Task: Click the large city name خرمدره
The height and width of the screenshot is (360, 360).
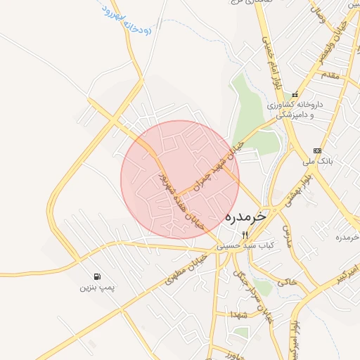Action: (246, 217)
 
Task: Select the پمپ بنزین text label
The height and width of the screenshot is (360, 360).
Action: (96, 287)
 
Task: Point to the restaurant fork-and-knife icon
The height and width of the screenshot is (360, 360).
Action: (245, 235)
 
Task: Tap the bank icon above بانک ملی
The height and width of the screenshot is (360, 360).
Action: (317, 150)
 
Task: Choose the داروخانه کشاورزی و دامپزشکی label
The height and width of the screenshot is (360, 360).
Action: (295, 109)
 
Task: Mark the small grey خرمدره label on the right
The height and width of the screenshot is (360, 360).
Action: (347, 237)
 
